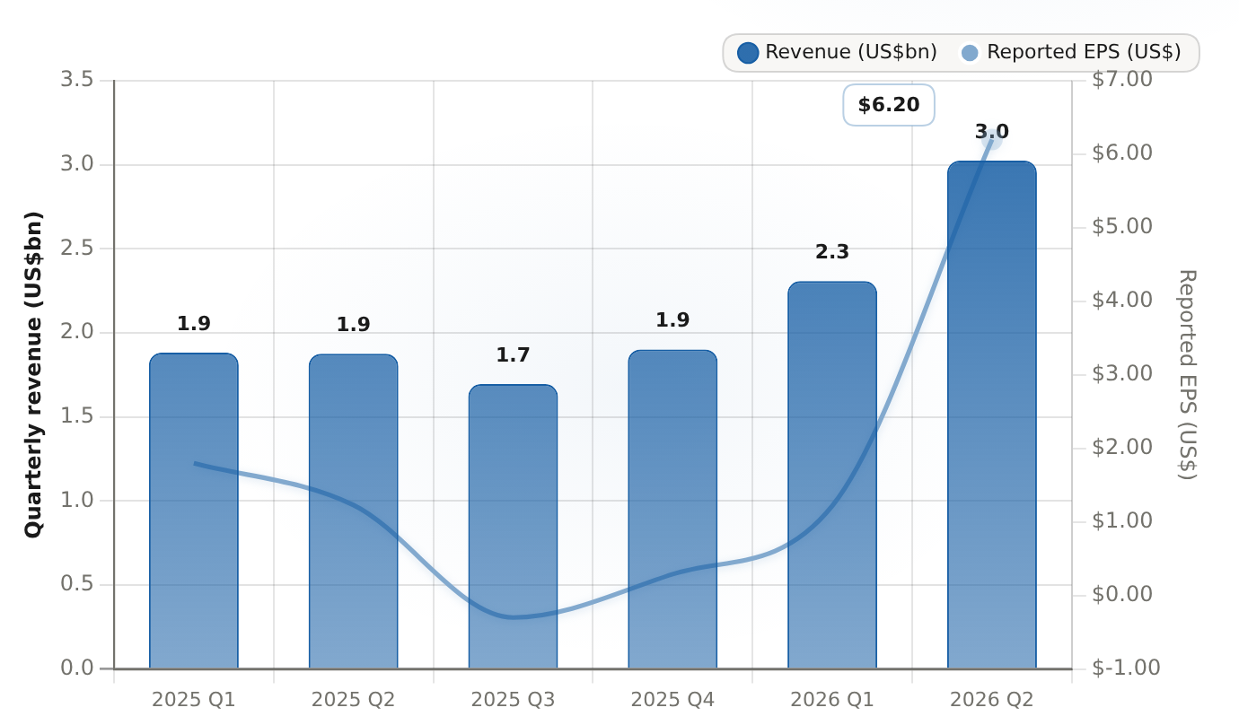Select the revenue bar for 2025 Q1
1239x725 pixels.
(194, 511)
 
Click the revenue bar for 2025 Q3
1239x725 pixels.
(513, 526)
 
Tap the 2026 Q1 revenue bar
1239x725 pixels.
(832, 475)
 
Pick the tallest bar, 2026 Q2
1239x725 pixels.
(992, 415)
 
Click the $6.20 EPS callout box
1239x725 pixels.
(889, 105)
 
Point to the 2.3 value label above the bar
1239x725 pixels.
(832, 252)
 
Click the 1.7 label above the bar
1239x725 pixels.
(513, 354)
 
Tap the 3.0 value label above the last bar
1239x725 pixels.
(992, 132)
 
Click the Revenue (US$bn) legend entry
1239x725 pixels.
(838, 53)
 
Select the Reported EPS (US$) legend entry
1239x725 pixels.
(1071, 53)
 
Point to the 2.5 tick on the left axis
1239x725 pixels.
(77, 249)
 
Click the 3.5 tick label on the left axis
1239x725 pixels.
(77, 80)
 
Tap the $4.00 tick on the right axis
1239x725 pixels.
(1121, 300)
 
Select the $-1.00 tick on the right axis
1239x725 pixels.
(1126, 668)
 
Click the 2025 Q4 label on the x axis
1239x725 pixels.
(672, 700)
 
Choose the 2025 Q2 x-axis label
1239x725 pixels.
(354, 700)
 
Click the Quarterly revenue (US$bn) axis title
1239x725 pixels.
(33, 375)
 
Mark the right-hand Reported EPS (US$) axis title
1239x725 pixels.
(1187, 375)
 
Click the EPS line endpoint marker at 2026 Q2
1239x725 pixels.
(992, 139)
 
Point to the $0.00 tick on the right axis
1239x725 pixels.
(1121, 594)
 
